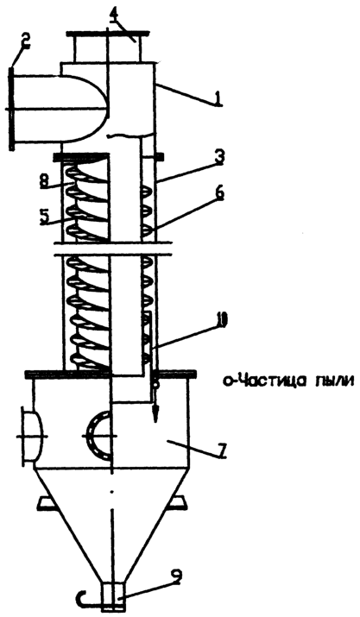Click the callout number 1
(x=218, y=98)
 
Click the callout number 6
(x=219, y=193)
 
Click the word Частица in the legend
(x=262, y=381)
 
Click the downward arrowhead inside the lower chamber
(x=156, y=414)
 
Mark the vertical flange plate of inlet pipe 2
(x=11, y=108)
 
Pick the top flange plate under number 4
(x=108, y=33)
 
